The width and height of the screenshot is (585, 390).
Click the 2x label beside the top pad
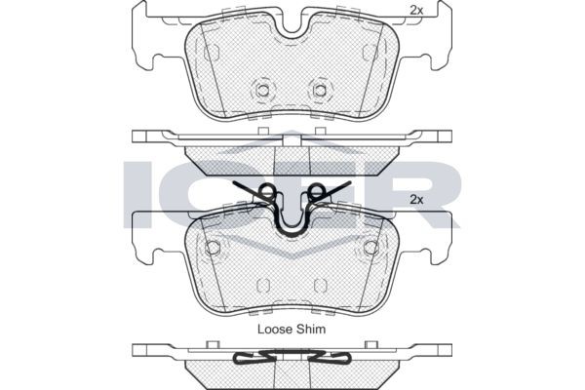tap(416, 11)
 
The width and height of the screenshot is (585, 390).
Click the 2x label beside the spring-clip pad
tap(416, 200)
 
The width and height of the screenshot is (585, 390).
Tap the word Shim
tap(311, 329)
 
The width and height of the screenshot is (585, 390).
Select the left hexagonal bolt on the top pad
tap(263, 90)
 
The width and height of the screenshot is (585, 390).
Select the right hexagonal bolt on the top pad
tap(320, 90)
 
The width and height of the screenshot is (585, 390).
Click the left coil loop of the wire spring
tap(267, 190)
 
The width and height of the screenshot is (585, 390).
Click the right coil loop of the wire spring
tap(316, 190)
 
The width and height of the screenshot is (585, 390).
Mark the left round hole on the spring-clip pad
tap(213, 247)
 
